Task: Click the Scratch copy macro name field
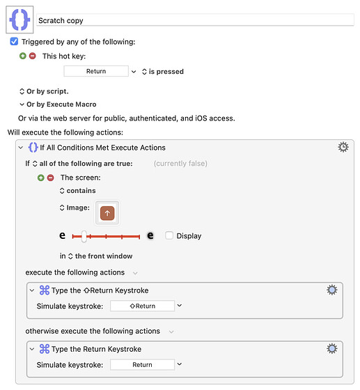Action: coord(195,20)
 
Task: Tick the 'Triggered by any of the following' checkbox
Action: coord(14,42)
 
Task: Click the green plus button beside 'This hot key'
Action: coord(23,56)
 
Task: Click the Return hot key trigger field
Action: coord(96,71)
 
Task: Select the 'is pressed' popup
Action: coord(163,72)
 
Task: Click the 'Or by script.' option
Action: coord(44,91)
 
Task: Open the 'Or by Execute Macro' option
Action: coord(58,104)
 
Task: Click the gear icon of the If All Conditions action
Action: coord(343,147)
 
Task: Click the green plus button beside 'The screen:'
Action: coord(41,178)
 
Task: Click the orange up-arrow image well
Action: coord(107,213)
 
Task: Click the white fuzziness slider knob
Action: coord(84,236)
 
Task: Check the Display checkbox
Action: coord(169,235)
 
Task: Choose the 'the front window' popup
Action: coord(100,256)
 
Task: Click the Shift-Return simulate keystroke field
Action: coord(143,306)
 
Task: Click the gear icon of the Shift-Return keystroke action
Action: coord(332,290)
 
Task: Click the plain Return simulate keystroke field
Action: coord(143,365)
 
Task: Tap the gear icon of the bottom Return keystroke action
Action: coord(332,349)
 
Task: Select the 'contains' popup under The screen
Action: coord(78,191)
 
